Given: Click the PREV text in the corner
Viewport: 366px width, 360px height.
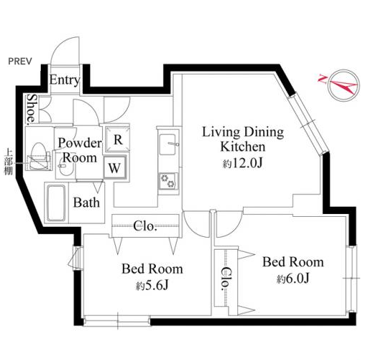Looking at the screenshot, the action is coord(20,62).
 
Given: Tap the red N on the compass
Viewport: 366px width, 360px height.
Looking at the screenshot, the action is coord(323,79).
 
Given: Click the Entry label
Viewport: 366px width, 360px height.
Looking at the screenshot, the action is coord(64,80).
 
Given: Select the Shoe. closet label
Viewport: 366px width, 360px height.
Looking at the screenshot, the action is coord(32,110).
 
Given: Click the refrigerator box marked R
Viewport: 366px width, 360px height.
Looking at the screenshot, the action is coord(118,140).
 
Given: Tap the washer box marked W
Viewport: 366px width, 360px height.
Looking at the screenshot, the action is coord(115,167).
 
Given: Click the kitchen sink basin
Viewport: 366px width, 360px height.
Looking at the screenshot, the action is coord(168,145).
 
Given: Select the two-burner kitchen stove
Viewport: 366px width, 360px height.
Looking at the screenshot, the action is coord(168,181).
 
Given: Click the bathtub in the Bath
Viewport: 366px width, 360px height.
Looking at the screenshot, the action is coord(56,203).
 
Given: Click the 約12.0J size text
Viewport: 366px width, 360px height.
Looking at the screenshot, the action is coord(242,163).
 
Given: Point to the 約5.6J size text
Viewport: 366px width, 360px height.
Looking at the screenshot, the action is coord(152,285).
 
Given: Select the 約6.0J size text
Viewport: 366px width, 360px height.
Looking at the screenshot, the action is coord(293,278).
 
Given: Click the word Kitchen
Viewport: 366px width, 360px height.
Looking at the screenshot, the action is coord(242,147).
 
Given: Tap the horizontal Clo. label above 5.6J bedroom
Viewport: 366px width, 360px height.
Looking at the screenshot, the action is coord(145,225).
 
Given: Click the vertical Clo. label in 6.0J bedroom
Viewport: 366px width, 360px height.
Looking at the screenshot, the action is coord(226,278).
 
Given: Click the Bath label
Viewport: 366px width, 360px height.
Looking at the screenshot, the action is coord(86,203).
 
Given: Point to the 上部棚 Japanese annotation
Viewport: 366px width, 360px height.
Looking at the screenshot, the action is coord(9,162).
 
